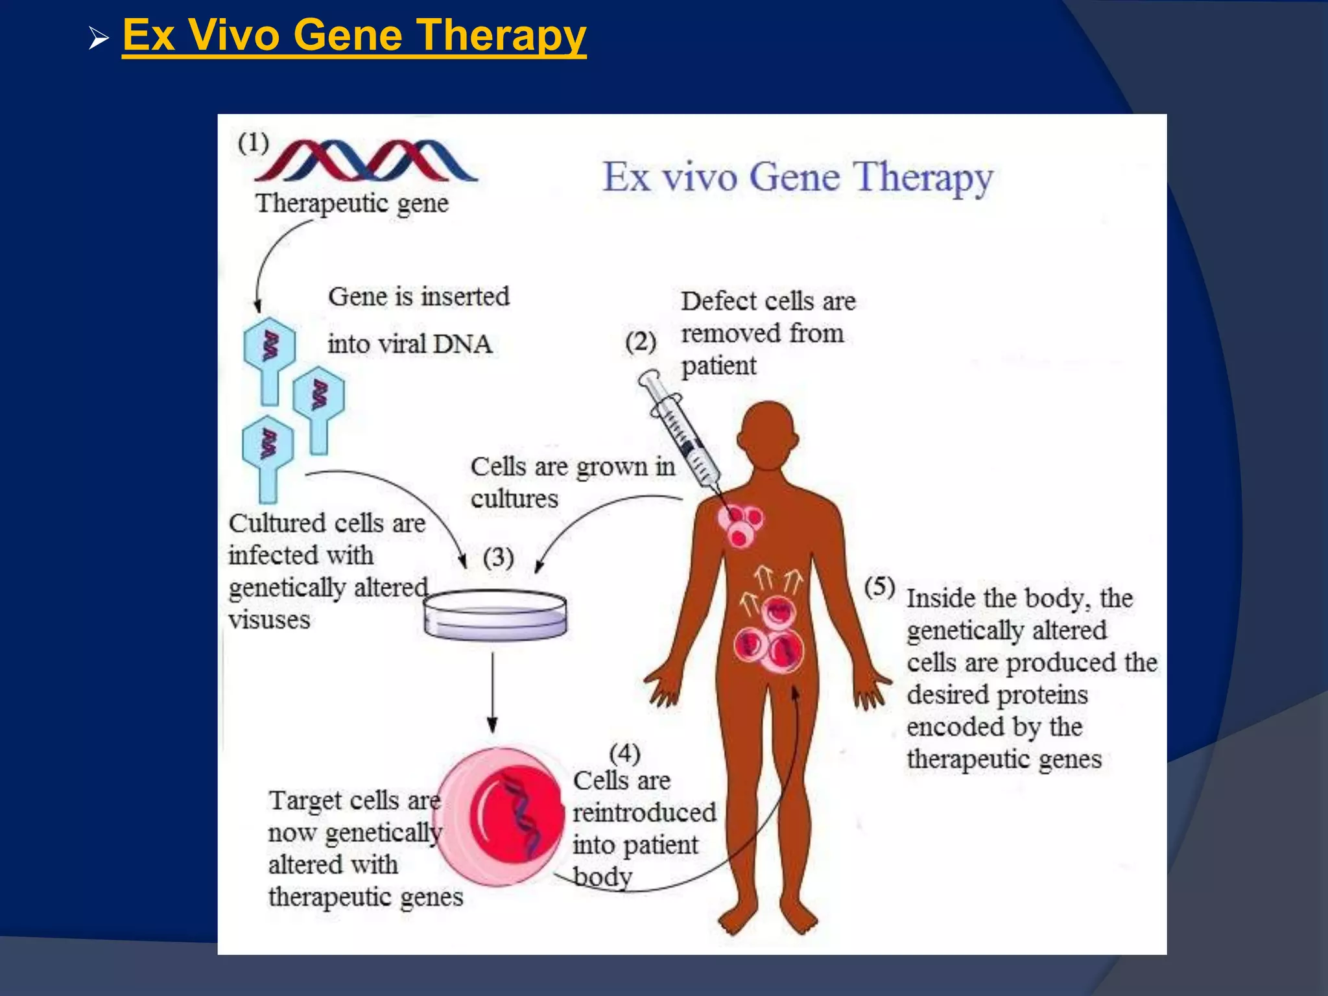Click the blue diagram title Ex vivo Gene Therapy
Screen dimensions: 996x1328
pos(798,178)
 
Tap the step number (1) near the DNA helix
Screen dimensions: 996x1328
pos(253,143)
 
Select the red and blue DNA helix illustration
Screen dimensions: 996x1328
pos(366,161)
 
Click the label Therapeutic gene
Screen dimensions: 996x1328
pos(352,204)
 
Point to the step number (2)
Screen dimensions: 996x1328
pos(641,342)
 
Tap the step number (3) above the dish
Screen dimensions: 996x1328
pos(498,558)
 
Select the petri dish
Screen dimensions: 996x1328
pos(495,615)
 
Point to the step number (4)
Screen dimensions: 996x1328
pos(624,753)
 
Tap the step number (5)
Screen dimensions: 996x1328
pos(880,586)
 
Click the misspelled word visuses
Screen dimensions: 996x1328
pos(269,620)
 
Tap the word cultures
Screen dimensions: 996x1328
pos(514,499)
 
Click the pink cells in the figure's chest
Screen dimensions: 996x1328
pos(741,525)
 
